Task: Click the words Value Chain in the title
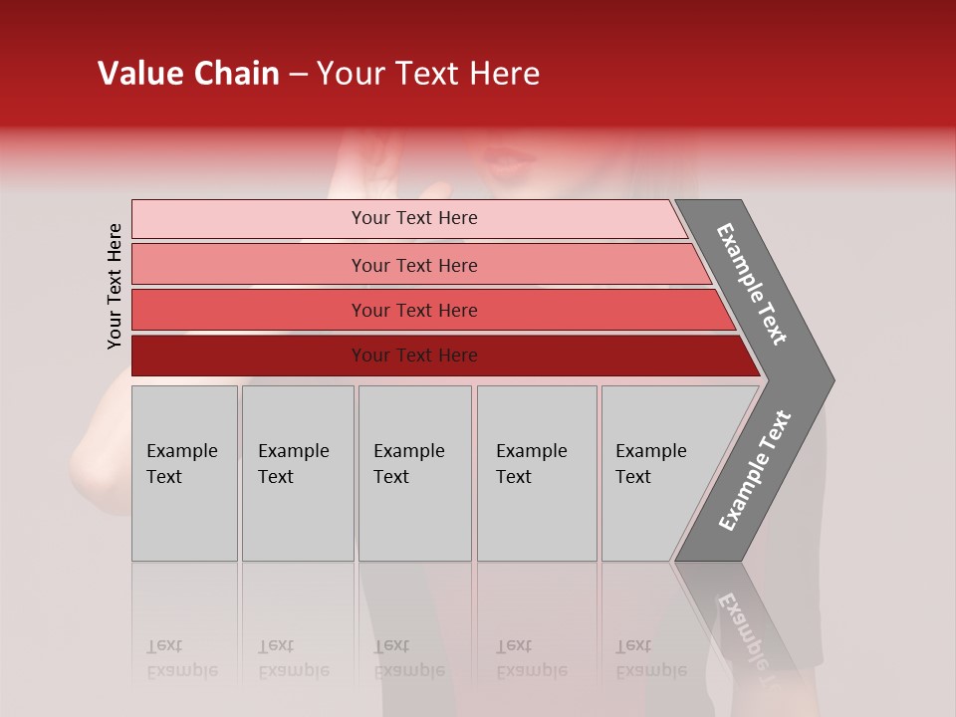pyautogui.click(x=188, y=74)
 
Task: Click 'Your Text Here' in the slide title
pyautogui.click(x=428, y=74)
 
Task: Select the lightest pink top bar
pyautogui.click(x=249, y=219)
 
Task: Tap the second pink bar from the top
pyautogui.click(x=249, y=265)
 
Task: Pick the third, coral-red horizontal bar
pyautogui.click(x=249, y=310)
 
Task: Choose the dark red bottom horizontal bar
pyautogui.click(x=249, y=356)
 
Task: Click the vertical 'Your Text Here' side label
pyautogui.click(x=115, y=286)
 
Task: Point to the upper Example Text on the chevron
pyautogui.click(x=752, y=284)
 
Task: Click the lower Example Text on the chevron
pyautogui.click(x=754, y=470)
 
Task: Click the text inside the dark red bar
pyautogui.click(x=414, y=356)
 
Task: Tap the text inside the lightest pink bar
pyautogui.click(x=414, y=218)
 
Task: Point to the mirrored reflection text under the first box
pyautogui.click(x=181, y=658)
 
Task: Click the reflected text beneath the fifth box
pyautogui.click(x=650, y=658)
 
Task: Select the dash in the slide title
pyautogui.click(x=298, y=74)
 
